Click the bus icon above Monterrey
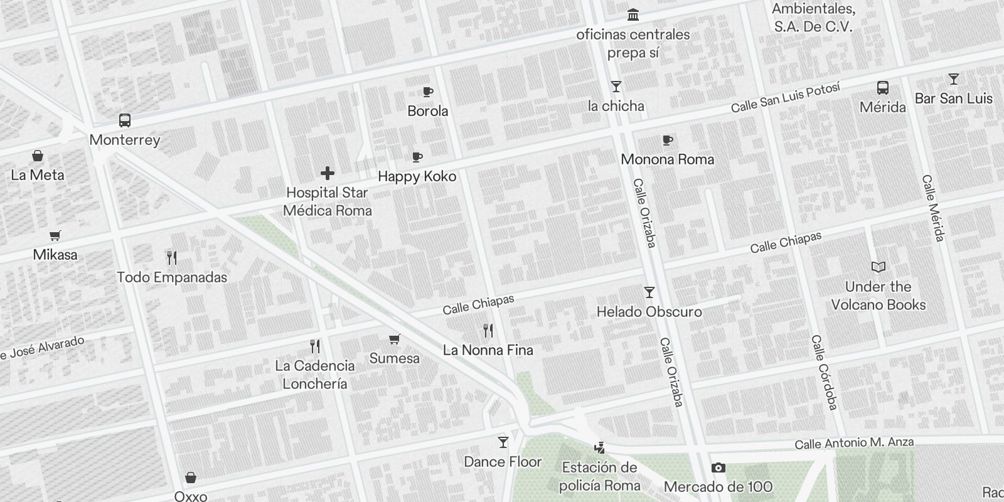coord(124,120)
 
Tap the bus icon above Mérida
coord(882,88)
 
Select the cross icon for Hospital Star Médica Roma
coord(327,173)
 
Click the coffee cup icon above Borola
coord(427,92)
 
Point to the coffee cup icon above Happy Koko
coord(417,158)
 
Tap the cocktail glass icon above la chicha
coord(616,87)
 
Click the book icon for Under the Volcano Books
coord(878,267)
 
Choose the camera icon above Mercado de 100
coord(718,468)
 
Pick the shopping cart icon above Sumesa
coord(394,339)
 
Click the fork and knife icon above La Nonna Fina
coord(488,331)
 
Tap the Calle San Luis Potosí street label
coord(785,99)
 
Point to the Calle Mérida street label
coord(933,208)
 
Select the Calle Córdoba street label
coord(825,372)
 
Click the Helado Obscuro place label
coord(649,312)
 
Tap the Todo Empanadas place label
coord(172,277)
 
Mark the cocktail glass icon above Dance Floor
coord(503,443)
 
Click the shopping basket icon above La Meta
coord(38,156)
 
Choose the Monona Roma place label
coord(667,159)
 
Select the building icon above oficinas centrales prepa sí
coord(633,15)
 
